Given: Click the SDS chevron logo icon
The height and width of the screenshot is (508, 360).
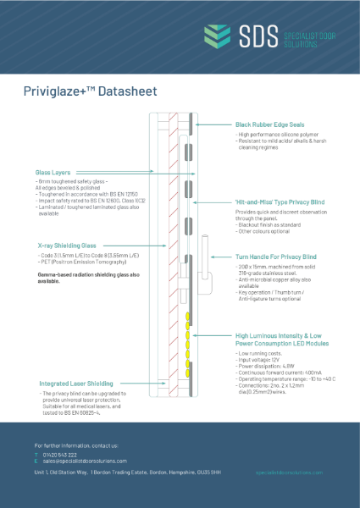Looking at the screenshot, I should click(219, 36).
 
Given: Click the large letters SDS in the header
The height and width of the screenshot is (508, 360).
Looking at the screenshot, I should click(258, 36).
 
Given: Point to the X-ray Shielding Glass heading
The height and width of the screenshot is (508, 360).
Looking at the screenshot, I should click(69, 245).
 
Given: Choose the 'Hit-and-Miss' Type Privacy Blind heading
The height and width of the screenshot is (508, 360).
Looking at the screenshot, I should click(282, 204).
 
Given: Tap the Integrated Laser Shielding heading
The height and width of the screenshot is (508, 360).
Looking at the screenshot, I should click(70, 384).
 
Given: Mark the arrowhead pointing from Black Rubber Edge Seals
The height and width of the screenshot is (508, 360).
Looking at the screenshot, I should click(197, 124).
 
